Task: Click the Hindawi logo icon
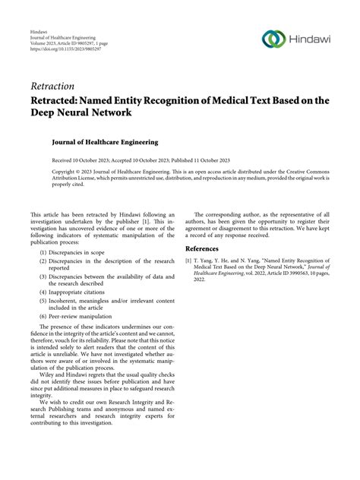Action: click(x=273, y=39)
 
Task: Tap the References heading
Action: click(x=209, y=248)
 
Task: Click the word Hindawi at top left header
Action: click(x=39, y=35)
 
